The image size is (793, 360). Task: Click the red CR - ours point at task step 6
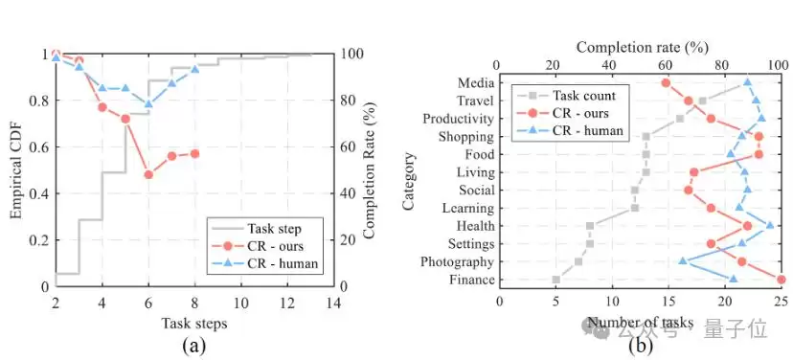coord(148,174)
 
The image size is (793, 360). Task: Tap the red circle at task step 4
coord(102,107)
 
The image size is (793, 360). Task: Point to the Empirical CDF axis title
coord(19,169)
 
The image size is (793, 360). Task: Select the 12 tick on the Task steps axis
coord(287,304)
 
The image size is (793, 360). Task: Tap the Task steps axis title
coord(193,325)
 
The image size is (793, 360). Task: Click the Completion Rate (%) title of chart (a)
coord(371,169)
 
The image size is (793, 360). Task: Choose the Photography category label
coord(456,262)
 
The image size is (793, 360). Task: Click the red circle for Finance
coord(781,280)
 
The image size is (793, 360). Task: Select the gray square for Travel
coord(702,101)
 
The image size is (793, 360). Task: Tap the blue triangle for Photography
coord(683,260)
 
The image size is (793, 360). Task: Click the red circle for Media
coord(666,83)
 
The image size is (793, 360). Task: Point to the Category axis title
coord(410,181)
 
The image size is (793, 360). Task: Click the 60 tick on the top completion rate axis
coord(666,66)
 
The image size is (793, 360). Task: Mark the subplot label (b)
coord(641,347)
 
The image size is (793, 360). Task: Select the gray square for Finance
coord(556,280)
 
